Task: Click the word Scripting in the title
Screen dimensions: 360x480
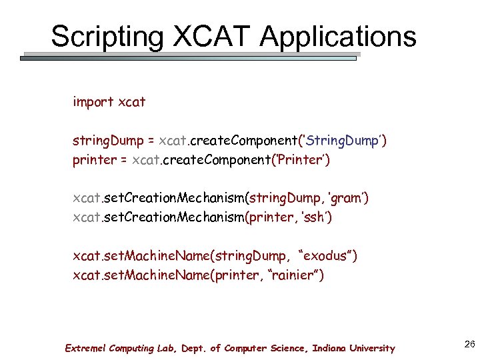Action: pyautogui.click(x=106, y=36)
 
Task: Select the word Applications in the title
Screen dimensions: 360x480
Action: pyautogui.click(x=339, y=36)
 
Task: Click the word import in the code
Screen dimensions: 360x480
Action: pyautogui.click(x=93, y=102)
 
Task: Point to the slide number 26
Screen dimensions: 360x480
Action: pyautogui.click(x=469, y=344)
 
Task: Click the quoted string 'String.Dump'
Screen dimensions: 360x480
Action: pyautogui.click(x=342, y=141)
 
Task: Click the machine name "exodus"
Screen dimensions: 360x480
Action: pyautogui.click(x=329, y=255)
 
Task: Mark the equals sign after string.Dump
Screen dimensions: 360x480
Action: pyautogui.click(x=151, y=141)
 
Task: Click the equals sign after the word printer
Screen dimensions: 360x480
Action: pyautogui.click(x=123, y=161)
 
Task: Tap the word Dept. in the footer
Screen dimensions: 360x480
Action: pyautogui.click(x=191, y=348)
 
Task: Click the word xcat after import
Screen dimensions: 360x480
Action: pyautogui.click(x=131, y=102)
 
